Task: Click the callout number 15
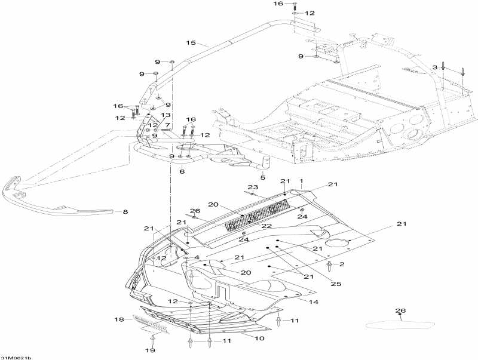[x=191, y=42]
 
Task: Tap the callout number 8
[x=125, y=211]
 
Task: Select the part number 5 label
[x=262, y=177]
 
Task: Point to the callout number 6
[x=182, y=171]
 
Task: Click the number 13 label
[x=166, y=115]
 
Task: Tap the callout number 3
[x=435, y=66]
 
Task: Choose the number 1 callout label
[x=302, y=181]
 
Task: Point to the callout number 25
[x=336, y=284]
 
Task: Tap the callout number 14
[x=313, y=302]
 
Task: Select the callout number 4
[x=196, y=257]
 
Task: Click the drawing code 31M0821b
[x=16, y=357]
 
